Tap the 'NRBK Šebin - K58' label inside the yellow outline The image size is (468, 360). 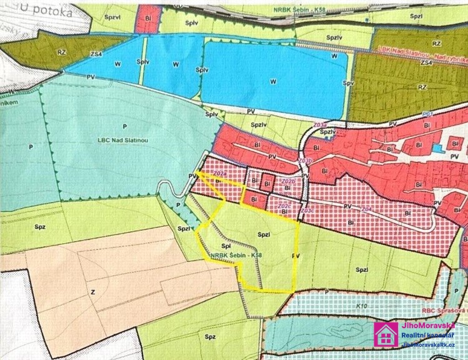click(x=236, y=256)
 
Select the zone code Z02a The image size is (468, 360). click(x=219, y=173)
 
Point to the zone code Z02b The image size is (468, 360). click(x=288, y=181)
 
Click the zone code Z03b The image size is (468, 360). click(x=305, y=161)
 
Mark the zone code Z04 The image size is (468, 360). click(x=366, y=209)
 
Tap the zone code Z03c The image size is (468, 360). click(x=307, y=211)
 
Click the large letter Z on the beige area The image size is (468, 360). click(x=93, y=291)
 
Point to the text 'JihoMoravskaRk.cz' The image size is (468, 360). click(x=428, y=346)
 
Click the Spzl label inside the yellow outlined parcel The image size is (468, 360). click(x=263, y=233)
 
